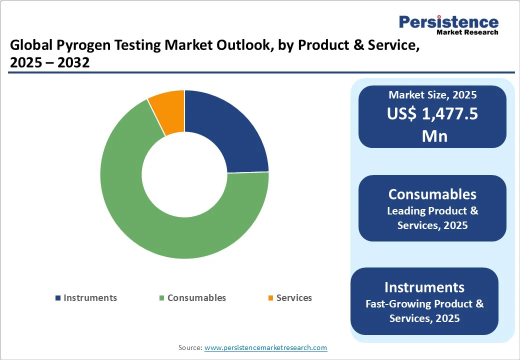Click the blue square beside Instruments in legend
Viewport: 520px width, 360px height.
pos(58,298)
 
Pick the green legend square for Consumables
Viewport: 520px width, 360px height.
pos(162,298)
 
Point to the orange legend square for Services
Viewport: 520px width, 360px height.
pos(270,298)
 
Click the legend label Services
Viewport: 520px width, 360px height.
pos(294,297)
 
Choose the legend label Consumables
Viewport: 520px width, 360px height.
pos(196,297)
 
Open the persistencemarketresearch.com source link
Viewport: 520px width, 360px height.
pos(265,347)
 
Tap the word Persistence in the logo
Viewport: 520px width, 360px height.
pos(448,22)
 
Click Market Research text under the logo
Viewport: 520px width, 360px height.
pos(467,32)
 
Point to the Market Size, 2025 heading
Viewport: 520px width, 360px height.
pos(432,95)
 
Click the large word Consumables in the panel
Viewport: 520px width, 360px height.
pos(432,194)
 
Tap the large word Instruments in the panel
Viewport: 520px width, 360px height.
pos(424,287)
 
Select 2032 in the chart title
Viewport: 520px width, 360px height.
pos(73,62)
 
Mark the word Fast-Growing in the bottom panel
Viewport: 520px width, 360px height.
pos(398,303)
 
